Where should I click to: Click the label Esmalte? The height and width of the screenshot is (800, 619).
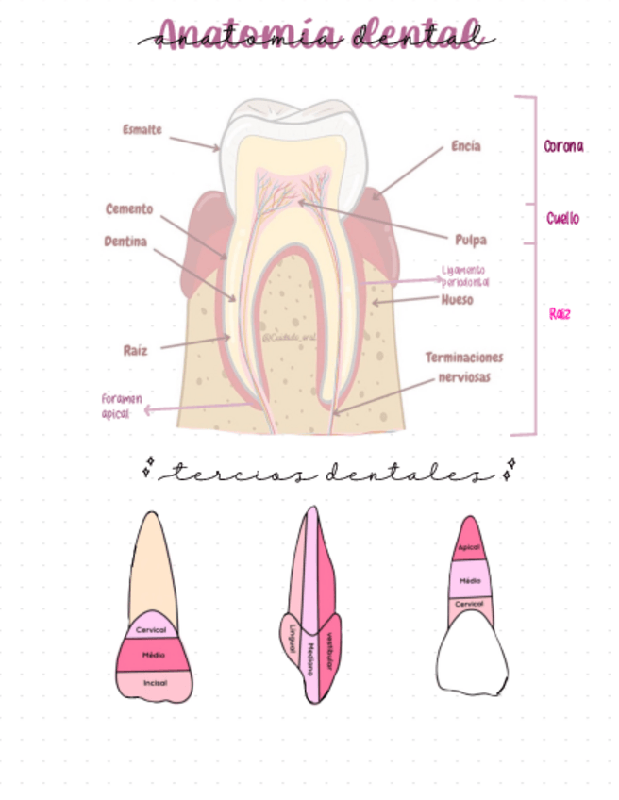tap(142, 130)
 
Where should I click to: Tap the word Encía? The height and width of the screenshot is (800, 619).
tap(465, 146)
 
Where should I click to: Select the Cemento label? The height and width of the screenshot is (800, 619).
tap(129, 209)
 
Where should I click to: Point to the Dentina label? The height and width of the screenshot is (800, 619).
tap(125, 242)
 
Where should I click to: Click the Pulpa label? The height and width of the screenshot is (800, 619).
tap(470, 240)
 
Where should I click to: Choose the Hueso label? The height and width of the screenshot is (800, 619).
tap(457, 301)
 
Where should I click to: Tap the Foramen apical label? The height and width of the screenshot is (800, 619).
tap(122, 406)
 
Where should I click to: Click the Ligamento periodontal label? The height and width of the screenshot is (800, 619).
tap(465, 275)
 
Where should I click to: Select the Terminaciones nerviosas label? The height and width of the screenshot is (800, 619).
tap(463, 367)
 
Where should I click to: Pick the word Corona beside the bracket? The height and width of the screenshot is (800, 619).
tap(563, 147)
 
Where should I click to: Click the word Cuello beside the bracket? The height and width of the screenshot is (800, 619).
tap(562, 219)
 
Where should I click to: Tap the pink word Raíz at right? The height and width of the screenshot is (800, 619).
tap(560, 314)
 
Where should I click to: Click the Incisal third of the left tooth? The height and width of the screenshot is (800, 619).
tap(154, 682)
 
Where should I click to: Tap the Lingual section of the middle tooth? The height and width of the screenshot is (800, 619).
tap(293, 635)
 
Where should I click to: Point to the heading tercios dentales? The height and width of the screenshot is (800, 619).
tap(326, 473)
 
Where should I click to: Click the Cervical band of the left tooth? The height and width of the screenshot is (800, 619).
tap(151, 629)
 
